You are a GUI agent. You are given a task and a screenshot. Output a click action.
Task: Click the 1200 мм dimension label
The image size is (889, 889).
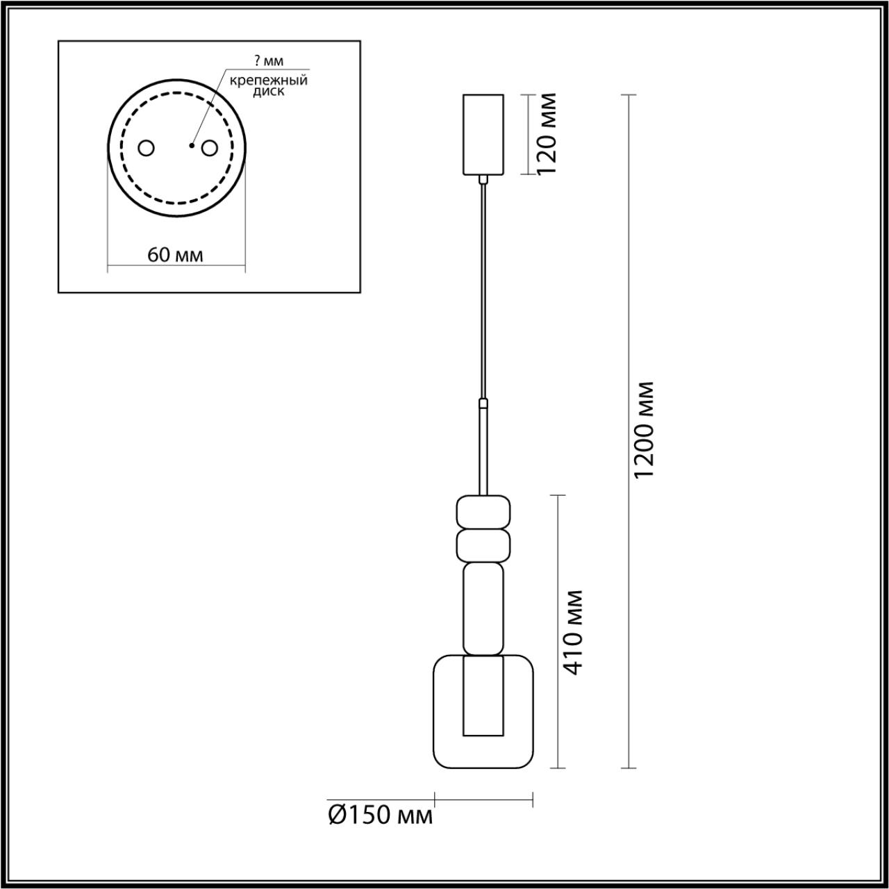click(x=644, y=430)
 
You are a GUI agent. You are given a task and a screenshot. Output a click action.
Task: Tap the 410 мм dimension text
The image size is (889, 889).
click(x=573, y=631)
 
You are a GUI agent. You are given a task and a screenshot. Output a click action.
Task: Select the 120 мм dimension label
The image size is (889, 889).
click(x=548, y=133)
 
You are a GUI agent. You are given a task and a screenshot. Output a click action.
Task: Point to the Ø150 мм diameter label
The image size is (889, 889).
click(x=380, y=815)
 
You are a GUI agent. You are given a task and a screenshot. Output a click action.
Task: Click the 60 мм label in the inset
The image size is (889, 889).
click(x=176, y=255)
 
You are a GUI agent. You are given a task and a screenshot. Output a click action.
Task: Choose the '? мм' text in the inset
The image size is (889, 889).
click(x=269, y=62)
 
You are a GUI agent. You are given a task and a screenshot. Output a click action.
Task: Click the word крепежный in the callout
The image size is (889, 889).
click(x=269, y=80)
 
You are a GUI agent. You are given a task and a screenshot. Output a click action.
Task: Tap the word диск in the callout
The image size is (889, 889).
click(x=268, y=92)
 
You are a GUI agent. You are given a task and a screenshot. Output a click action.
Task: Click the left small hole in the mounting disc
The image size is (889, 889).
click(x=147, y=148)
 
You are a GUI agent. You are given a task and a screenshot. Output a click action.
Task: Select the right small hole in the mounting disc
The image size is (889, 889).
click(x=208, y=148)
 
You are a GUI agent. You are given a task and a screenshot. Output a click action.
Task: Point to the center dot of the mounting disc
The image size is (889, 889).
click(x=191, y=146)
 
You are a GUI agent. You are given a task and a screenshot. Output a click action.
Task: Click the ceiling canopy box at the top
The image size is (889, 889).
click(x=483, y=133)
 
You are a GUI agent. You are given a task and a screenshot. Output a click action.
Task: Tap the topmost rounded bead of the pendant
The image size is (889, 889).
click(x=483, y=512)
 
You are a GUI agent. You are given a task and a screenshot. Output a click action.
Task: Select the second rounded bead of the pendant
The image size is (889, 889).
click(x=483, y=545)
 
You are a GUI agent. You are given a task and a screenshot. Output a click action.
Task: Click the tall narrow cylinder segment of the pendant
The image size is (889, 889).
click(x=483, y=608)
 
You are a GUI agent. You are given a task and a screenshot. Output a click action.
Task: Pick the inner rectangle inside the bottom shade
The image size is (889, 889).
click(x=483, y=697)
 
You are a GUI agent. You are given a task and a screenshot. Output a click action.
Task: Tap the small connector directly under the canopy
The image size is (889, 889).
click(x=483, y=180)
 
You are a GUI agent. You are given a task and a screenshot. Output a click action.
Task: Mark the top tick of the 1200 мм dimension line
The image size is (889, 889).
click(x=629, y=94)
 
